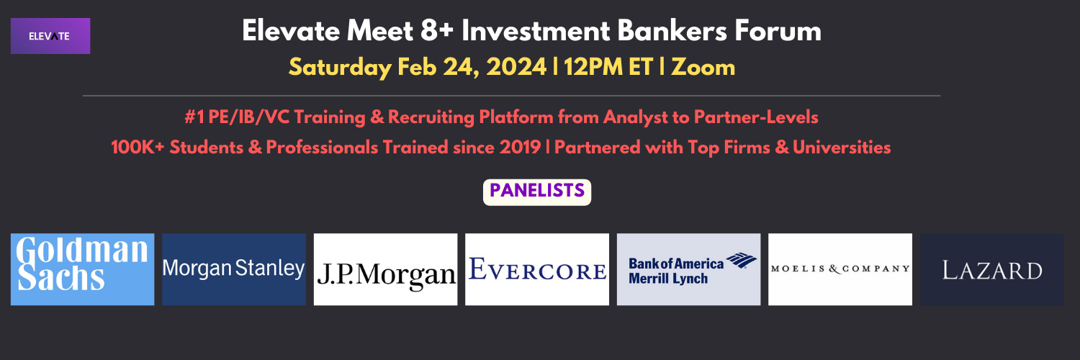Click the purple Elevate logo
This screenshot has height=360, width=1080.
tap(50, 36)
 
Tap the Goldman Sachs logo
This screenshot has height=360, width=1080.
tap(83, 269)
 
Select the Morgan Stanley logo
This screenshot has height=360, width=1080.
tap(234, 269)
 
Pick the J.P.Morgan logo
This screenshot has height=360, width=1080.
tap(386, 269)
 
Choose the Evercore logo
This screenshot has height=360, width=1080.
tap(537, 269)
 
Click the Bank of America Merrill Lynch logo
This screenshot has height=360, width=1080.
tap(688, 269)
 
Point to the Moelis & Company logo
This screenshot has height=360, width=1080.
tap(840, 269)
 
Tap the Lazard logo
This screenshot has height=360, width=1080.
tap(991, 269)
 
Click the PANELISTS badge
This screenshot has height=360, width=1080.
tap(537, 192)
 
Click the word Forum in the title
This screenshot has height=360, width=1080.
tap(778, 31)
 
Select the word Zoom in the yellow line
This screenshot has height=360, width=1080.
tap(703, 67)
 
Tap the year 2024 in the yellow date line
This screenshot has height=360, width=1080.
tap(516, 67)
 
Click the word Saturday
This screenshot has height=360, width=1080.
tap(340, 68)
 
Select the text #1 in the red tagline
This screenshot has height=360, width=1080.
tap(194, 117)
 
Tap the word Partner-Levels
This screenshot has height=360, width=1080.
tap(756, 117)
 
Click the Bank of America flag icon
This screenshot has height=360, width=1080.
tap(742, 260)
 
